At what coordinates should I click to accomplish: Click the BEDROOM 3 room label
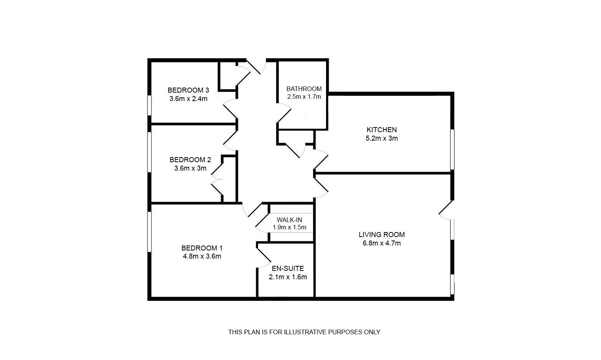point(188,90)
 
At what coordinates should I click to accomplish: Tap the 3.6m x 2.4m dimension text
point(188,99)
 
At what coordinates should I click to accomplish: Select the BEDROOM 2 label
point(190,160)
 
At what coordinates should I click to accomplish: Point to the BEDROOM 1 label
point(202,248)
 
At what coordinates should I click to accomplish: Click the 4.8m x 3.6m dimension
point(202,256)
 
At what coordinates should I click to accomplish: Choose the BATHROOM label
point(304,89)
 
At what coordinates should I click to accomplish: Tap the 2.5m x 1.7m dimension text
point(304,97)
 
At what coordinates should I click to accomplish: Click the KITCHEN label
point(381,130)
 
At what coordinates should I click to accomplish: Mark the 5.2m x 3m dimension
point(381,138)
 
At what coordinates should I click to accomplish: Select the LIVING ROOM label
point(381,235)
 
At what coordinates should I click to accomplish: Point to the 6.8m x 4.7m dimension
point(381,243)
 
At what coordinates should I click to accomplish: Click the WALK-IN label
point(289,220)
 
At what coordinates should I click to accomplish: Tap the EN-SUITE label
point(288,269)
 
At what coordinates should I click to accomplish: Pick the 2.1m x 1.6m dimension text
point(288,277)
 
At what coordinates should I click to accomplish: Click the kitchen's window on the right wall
point(452,149)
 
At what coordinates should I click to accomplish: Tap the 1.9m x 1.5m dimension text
point(289,227)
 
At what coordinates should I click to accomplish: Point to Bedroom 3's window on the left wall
point(149,105)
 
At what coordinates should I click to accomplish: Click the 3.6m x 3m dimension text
point(190,168)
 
